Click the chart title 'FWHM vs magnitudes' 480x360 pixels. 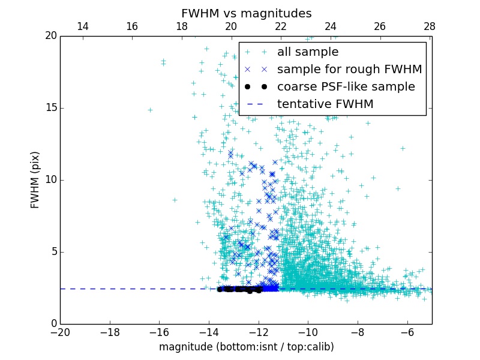(246, 13)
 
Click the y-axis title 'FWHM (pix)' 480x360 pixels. (35, 179)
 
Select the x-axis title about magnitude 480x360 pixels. (246, 347)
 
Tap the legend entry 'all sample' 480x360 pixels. (308, 52)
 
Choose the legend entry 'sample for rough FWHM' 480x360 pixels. (349, 70)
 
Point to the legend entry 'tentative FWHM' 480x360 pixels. (325, 104)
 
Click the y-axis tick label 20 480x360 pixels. (50, 36)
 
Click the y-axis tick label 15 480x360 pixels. (50, 108)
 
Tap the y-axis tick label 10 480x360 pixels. (50, 180)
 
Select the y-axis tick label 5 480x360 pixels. (53, 252)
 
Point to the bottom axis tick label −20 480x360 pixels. (60, 332)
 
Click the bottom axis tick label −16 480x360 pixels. (159, 332)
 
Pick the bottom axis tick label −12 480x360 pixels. (259, 332)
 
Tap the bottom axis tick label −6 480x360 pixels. (407, 332)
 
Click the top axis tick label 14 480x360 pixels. (83, 26)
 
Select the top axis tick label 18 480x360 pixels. (182, 26)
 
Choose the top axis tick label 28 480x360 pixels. (430, 26)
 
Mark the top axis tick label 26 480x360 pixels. (380, 26)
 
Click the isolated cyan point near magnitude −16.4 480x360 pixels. (150, 110)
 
